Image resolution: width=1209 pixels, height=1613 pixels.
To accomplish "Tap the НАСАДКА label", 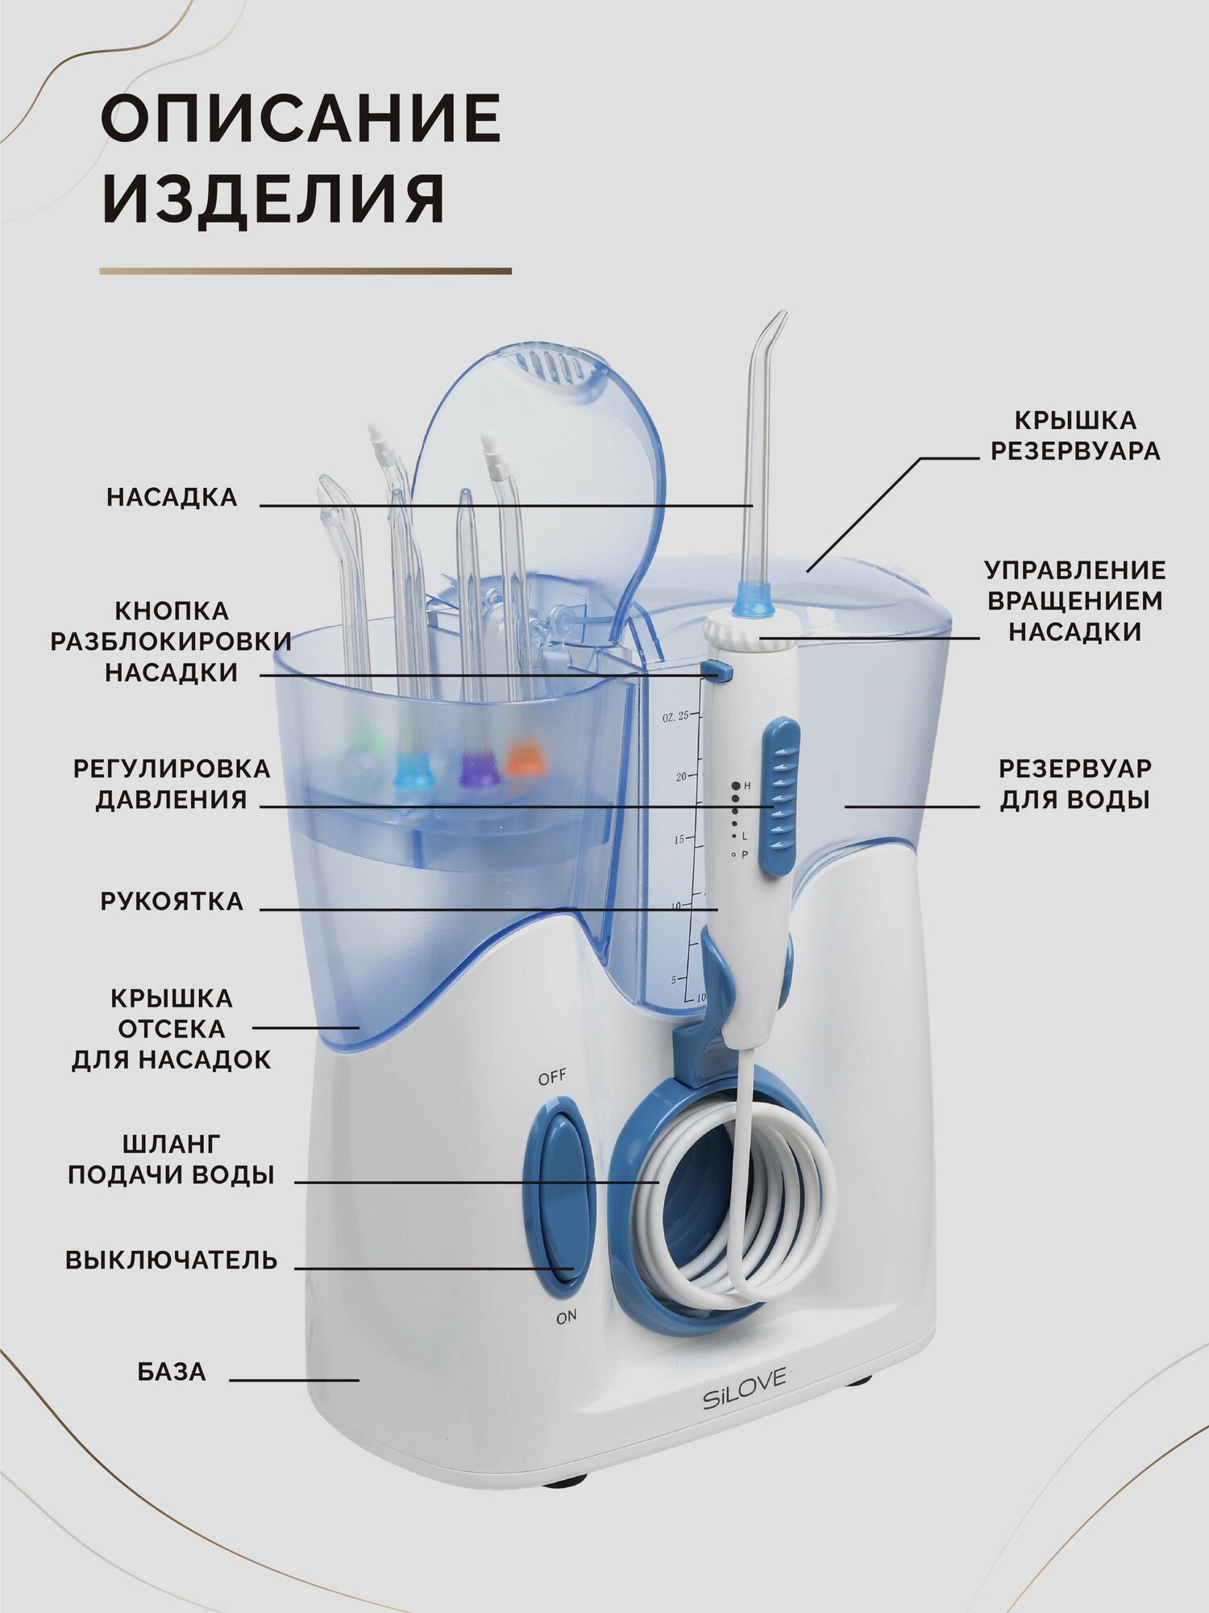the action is (x=172, y=498).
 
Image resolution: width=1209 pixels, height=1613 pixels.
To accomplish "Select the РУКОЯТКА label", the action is (x=172, y=901).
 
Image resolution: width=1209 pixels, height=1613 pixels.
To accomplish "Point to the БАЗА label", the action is (x=172, y=1371).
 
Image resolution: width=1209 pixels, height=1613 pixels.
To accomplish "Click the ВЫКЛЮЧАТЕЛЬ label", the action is (x=171, y=1260).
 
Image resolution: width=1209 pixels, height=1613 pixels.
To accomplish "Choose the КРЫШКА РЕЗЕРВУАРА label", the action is (x=1075, y=436).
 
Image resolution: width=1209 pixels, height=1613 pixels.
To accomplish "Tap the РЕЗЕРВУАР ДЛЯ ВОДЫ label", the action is (x=1074, y=784).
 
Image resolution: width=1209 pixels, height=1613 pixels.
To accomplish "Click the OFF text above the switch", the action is (x=552, y=1077).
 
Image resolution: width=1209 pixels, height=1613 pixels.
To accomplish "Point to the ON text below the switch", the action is (x=566, y=1317).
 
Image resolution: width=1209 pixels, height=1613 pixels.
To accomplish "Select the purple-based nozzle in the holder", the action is (x=473, y=766).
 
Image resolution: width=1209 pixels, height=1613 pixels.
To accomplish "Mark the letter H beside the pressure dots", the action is (x=747, y=786).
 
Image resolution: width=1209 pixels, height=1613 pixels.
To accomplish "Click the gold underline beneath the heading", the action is (x=305, y=272).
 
